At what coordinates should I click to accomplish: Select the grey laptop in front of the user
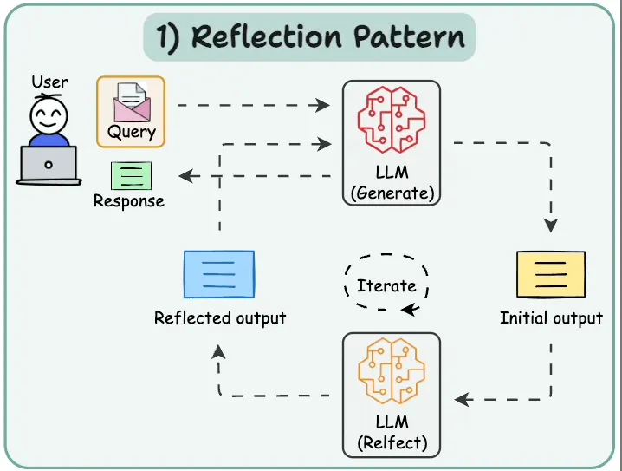pyautogui.click(x=48, y=164)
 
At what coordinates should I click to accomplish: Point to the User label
pyautogui.click(x=50, y=83)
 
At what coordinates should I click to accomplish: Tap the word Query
pyautogui.click(x=132, y=133)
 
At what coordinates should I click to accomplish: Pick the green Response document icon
pyautogui.click(x=131, y=176)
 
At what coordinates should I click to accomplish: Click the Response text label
pyautogui.click(x=128, y=201)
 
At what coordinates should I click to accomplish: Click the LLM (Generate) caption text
pyautogui.click(x=392, y=184)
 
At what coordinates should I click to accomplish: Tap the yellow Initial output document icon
pyautogui.click(x=550, y=275)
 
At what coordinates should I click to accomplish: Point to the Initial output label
pyautogui.click(x=551, y=318)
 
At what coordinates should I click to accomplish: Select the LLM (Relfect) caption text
pyautogui.click(x=392, y=434)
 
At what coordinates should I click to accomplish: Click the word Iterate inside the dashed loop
pyautogui.click(x=386, y=285)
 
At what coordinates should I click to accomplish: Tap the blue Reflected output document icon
pyautogui.click(x=219, y=274)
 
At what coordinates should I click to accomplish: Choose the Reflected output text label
pyautogui.click(x=220, y=317)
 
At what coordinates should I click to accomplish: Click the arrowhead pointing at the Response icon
pyautogui.click(x=185, y=176)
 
